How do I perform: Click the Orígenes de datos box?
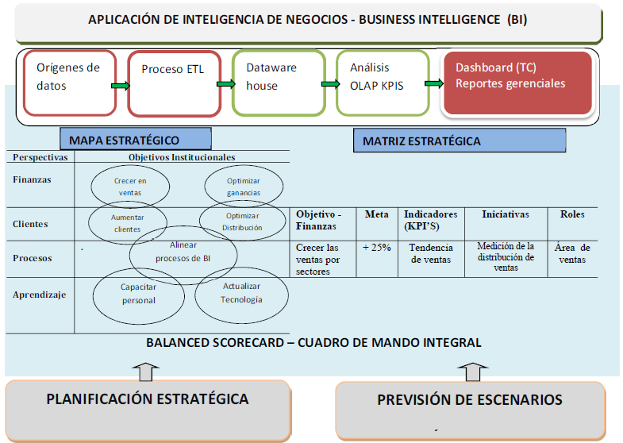pyautogui.click(x=70, y=83)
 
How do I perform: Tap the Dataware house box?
pyautogui.click(x=279, y=83)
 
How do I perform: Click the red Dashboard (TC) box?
pyautogui.click(x=517, y=83)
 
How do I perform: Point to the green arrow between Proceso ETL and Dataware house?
pyautogui.click(x=225, y=83)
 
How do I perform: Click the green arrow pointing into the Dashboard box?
pyautogui.click(x=433, y=83)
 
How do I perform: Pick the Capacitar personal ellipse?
pyautogui.click(x=138, y=295)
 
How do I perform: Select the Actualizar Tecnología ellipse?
pyautogui.click(x=241, y=293)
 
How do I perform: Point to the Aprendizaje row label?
pyautogui.click(x=39, y=295)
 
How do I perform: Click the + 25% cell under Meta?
pyautogui.click(x=376, y=248)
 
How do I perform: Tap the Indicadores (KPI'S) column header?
pyautogui.click(x=430, y=220)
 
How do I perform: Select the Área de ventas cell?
pyautogui.click(x=573, y=253)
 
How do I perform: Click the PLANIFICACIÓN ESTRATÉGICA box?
pyautogui.click(x=148, y=399)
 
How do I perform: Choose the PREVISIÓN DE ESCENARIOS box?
pyautogui.click(x=470, y=399)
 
